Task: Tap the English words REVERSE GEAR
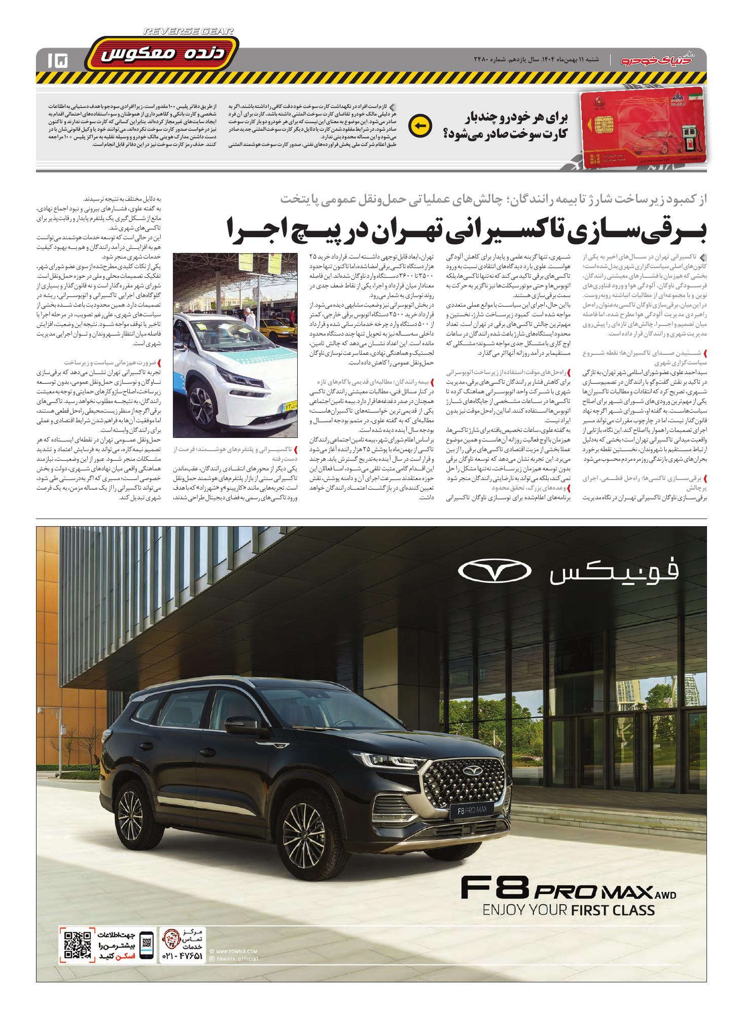pos(189,31)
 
